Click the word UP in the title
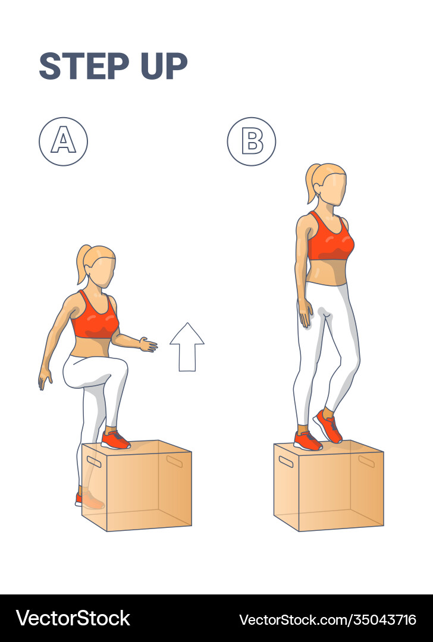[x=164, y=66]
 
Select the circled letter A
[x=63, y=141]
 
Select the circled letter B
[x=252, y=141]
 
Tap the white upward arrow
[x=187, y=347]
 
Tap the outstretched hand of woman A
[x=148, y=344]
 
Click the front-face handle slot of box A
[x=94, y=461]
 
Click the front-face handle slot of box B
[x=286, y=461]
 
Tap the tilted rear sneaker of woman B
[x=328, y=426]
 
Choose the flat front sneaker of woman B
[x=308, y=441]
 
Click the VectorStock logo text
[x=73, y=618]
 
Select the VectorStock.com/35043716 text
[x=328, y=619]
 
